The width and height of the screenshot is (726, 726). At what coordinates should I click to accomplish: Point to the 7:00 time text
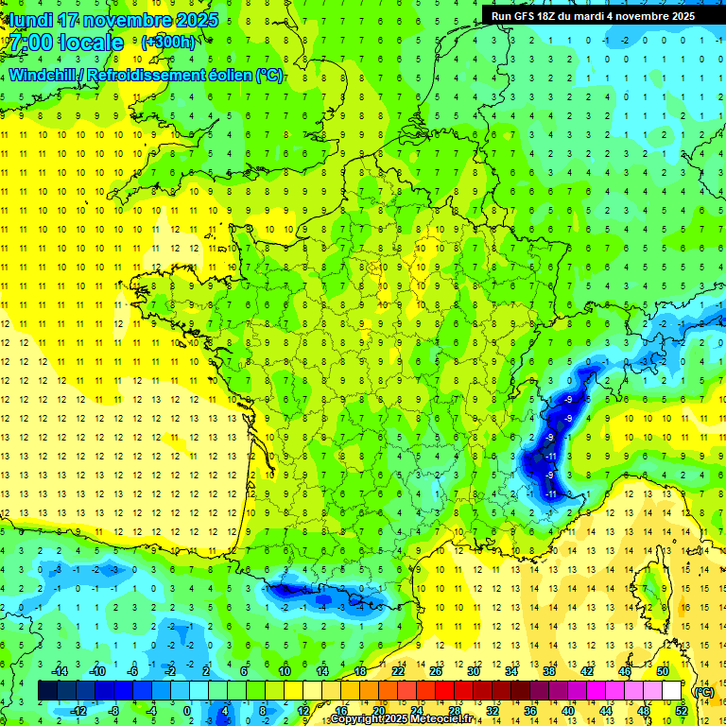click(x=30, y=43)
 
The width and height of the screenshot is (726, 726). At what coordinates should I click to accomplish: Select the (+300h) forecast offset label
click(x=168, y=43)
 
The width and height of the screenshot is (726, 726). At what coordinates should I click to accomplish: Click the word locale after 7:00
click(x=91, y=43)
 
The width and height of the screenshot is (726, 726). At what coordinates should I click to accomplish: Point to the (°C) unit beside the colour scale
click(x=703, y=691)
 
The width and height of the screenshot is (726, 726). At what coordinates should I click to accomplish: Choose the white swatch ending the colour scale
click(x=672, y=691)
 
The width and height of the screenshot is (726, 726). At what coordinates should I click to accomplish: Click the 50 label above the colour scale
click(x=662, y=671)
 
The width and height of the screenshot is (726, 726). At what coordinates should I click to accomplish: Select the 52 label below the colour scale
click(x=682, y=711)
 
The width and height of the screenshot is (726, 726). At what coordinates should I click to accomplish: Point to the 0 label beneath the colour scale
click(x=186, y=711)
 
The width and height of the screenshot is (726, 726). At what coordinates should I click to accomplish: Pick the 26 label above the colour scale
click(x=436, y=671)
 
